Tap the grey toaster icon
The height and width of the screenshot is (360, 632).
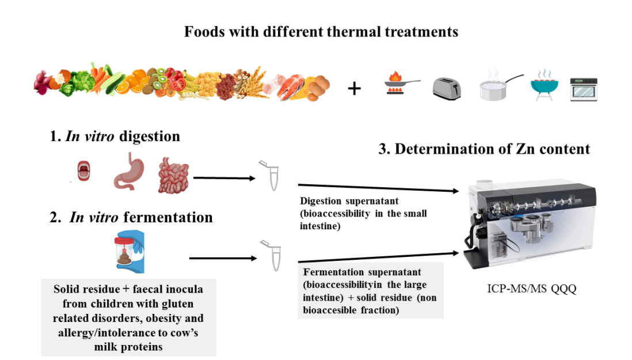tap(447, 88)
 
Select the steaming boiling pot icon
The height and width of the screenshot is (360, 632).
tap(498, 88)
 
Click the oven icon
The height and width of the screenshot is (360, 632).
tap(584, 89)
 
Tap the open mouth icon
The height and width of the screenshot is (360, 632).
tap(84, 172)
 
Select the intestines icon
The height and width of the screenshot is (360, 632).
tap(173, 176)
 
